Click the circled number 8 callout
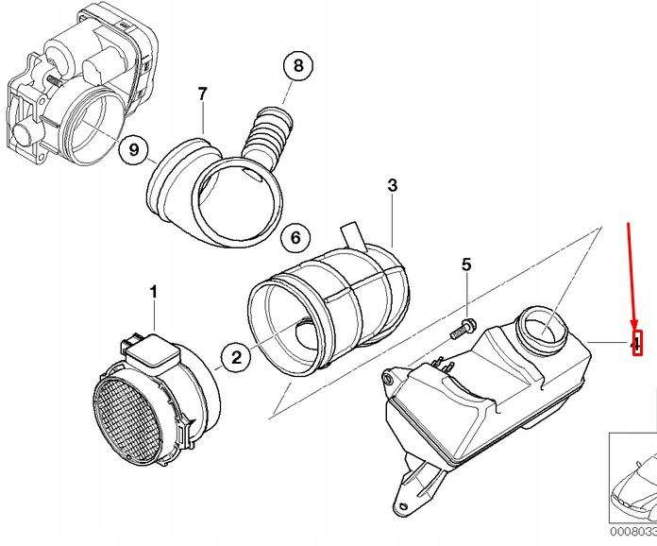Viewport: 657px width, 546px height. (297, 66)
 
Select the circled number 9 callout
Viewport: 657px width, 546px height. (134, 148)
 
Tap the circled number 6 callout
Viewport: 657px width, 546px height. (294, 238)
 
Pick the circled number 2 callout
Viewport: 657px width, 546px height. (236, 356)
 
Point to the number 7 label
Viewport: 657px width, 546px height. (201, 94)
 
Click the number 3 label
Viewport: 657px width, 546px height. (393, 186)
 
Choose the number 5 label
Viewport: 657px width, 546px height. (465, 265)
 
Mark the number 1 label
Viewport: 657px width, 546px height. (154, 294)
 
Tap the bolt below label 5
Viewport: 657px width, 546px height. (463, 330)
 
